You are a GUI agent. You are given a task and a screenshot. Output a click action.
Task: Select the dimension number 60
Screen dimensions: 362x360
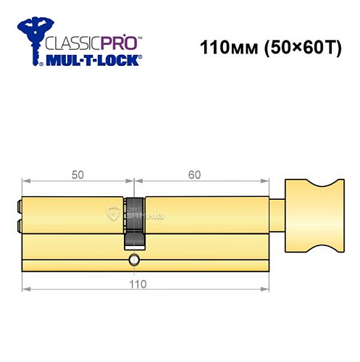coord(194,175)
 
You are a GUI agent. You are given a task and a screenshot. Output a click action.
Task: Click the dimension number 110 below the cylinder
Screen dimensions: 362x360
coord(137,284)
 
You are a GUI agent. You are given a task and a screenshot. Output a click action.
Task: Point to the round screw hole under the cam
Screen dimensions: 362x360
coord(133,259)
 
